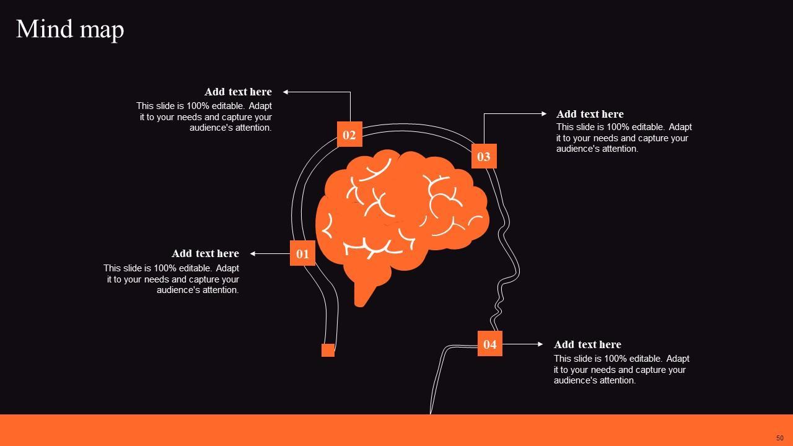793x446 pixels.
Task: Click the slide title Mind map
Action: (70, 29)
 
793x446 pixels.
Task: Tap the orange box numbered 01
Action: (302, 253)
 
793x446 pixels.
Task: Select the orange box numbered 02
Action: (349, 134)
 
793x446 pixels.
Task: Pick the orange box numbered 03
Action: (484, 157)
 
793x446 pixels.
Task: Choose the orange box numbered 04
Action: (489, 344)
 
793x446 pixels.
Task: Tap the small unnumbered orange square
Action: (328, 350)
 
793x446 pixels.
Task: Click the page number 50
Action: (779, 438)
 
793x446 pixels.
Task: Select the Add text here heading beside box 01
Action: (205, 253)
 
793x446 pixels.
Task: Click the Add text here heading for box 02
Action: (238, 92)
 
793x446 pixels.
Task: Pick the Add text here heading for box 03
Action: (590, 114)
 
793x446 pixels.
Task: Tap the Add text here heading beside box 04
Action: (587, 344)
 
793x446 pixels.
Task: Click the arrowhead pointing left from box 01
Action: (253, 253)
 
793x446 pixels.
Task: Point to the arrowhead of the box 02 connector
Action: (286, 92)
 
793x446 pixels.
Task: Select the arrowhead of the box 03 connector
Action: (544, 114)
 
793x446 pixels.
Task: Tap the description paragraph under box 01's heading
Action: (172, 279)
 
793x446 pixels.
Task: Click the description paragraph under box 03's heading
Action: (624, 138)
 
